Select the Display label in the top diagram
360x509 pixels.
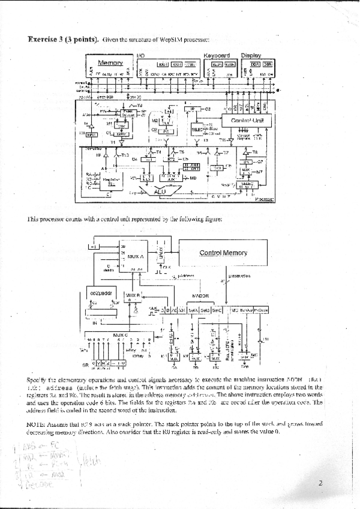pos(250,55)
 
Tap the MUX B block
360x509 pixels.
pos(133,295)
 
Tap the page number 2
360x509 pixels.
pos(320,482)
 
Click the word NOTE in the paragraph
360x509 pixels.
pos(37,425)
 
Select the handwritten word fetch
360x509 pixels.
pos(90,461)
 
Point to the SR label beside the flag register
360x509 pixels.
pos(86,364)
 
